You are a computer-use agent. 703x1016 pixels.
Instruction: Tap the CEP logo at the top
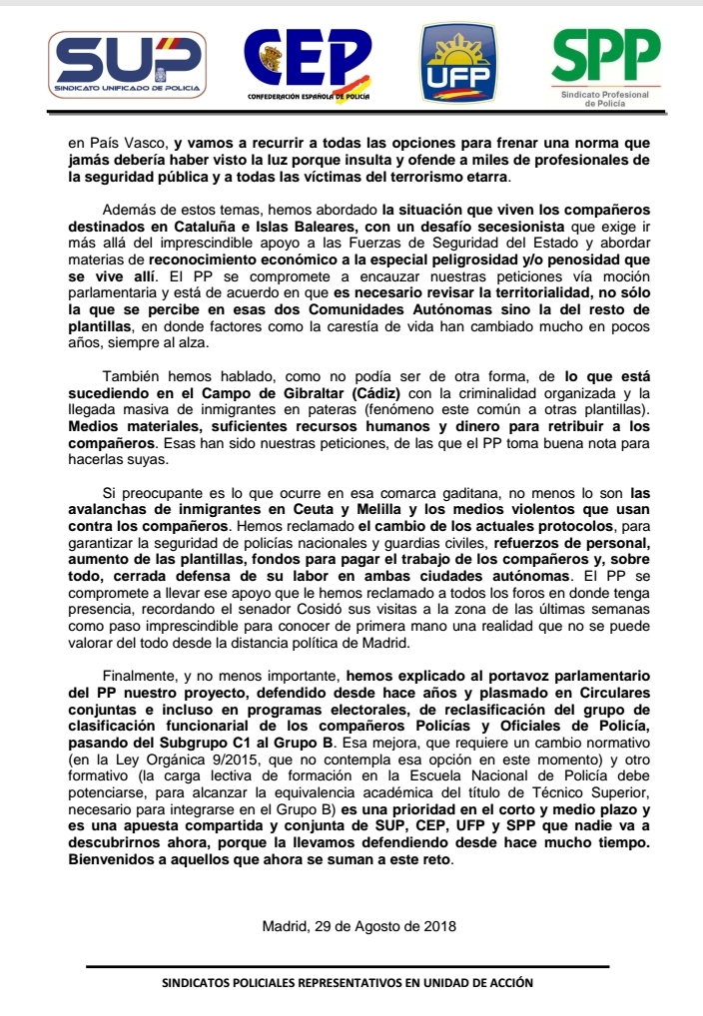pyautogui.click(x=309, y=62)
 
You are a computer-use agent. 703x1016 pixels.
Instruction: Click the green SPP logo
pyautogui.click(x=606, y=62)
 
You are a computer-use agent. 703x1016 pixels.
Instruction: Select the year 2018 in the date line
pyautogui.click(x=439, y=926)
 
